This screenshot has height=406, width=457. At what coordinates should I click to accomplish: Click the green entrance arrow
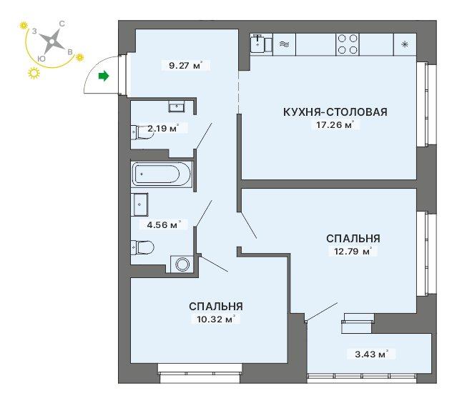104,76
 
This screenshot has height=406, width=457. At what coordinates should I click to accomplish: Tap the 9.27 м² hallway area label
185,65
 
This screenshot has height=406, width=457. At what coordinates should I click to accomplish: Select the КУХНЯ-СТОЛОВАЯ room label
335,112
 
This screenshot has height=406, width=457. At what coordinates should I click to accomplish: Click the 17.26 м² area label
335,125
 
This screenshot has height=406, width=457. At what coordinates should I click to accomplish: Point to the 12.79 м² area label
353,251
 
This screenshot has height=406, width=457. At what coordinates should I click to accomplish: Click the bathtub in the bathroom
162,174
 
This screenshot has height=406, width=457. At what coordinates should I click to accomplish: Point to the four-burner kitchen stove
348,44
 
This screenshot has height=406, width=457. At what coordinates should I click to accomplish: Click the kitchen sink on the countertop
257,44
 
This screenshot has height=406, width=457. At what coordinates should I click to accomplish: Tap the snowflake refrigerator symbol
405,44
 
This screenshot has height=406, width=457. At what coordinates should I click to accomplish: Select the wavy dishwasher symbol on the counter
285,44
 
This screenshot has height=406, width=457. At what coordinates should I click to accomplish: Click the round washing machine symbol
183,264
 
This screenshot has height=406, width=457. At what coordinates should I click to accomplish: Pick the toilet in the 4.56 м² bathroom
142,248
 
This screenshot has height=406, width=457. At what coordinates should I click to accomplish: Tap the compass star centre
51,41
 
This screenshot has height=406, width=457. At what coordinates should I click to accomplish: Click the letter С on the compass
62,24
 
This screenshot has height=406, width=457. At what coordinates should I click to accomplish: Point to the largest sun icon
34,73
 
